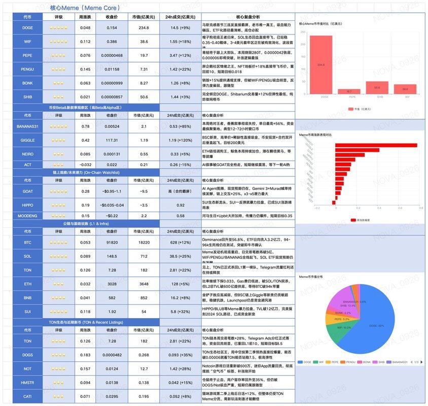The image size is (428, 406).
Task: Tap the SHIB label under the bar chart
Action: click(377, 97)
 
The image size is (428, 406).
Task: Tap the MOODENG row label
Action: click(27, 216)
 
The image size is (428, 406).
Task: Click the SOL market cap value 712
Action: click(145, 256)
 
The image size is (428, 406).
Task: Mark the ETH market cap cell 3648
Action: click(145, 284)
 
